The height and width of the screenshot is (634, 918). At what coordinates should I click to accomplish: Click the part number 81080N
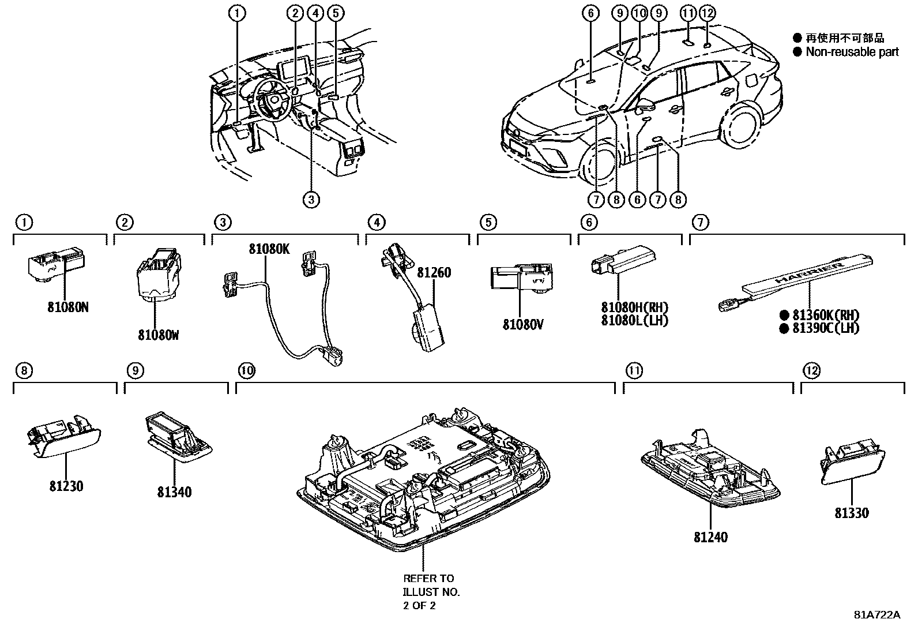68,307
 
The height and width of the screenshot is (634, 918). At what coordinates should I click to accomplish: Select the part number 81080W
158,335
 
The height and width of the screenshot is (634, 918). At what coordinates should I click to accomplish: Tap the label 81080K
269,249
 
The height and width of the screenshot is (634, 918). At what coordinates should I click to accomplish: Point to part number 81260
434,272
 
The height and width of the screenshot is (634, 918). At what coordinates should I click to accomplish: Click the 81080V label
523,325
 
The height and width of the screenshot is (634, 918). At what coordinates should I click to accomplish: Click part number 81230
66,486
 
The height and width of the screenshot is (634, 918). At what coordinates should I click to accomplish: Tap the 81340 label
174,492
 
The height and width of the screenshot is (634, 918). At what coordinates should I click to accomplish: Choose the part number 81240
710,537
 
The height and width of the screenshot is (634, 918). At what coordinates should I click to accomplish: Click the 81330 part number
852,513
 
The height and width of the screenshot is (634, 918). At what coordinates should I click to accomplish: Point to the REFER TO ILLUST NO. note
431,591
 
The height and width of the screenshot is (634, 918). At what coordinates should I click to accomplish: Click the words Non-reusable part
852,52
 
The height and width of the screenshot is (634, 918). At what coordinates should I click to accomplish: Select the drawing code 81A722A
876,615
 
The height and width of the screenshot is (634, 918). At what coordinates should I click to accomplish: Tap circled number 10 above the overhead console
247,370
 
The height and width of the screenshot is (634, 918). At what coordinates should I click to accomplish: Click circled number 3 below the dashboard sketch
311,200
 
